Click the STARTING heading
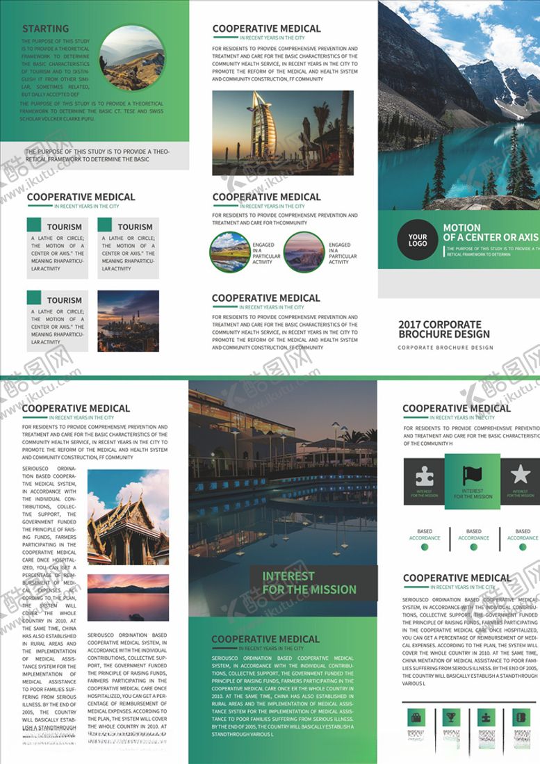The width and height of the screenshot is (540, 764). click(x=46, y=29)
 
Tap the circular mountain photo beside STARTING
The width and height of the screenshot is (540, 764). click(x=132, y=58)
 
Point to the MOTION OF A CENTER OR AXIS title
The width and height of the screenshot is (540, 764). click(x=491, y=232)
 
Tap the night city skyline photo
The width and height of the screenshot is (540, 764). click(x=128, y=320)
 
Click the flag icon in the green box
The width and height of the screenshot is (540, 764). click(x=473, y=476)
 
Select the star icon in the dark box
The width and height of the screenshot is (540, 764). click(x=520, y=475)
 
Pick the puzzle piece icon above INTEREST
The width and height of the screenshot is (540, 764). click(x=424, y=476)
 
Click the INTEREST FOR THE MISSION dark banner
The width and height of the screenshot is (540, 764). click(x=313, y=583)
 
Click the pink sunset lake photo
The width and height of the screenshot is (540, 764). click(x=128, y=596)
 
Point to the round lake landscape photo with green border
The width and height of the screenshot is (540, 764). click(x=229, y=252)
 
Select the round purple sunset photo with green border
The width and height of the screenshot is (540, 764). click(x=304, y=252)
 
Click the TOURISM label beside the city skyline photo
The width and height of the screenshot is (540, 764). click(x=65, y=300)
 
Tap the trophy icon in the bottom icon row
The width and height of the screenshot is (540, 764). click(x=450, y=717)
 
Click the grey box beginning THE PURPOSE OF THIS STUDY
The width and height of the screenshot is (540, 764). click(x=95, y=156)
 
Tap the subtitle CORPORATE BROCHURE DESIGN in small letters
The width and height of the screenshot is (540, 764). click(x=445, y=347)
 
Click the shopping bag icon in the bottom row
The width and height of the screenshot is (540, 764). click(x=416, y=717)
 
